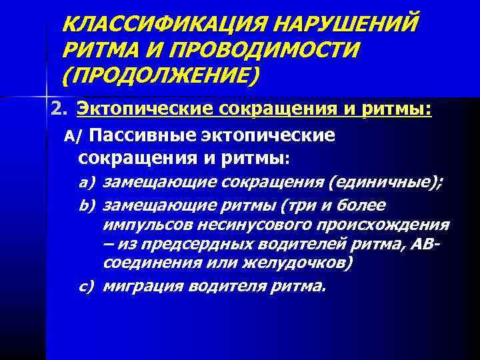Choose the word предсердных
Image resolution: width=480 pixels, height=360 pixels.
174,244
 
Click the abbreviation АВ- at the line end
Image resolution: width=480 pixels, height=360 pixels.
426,244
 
